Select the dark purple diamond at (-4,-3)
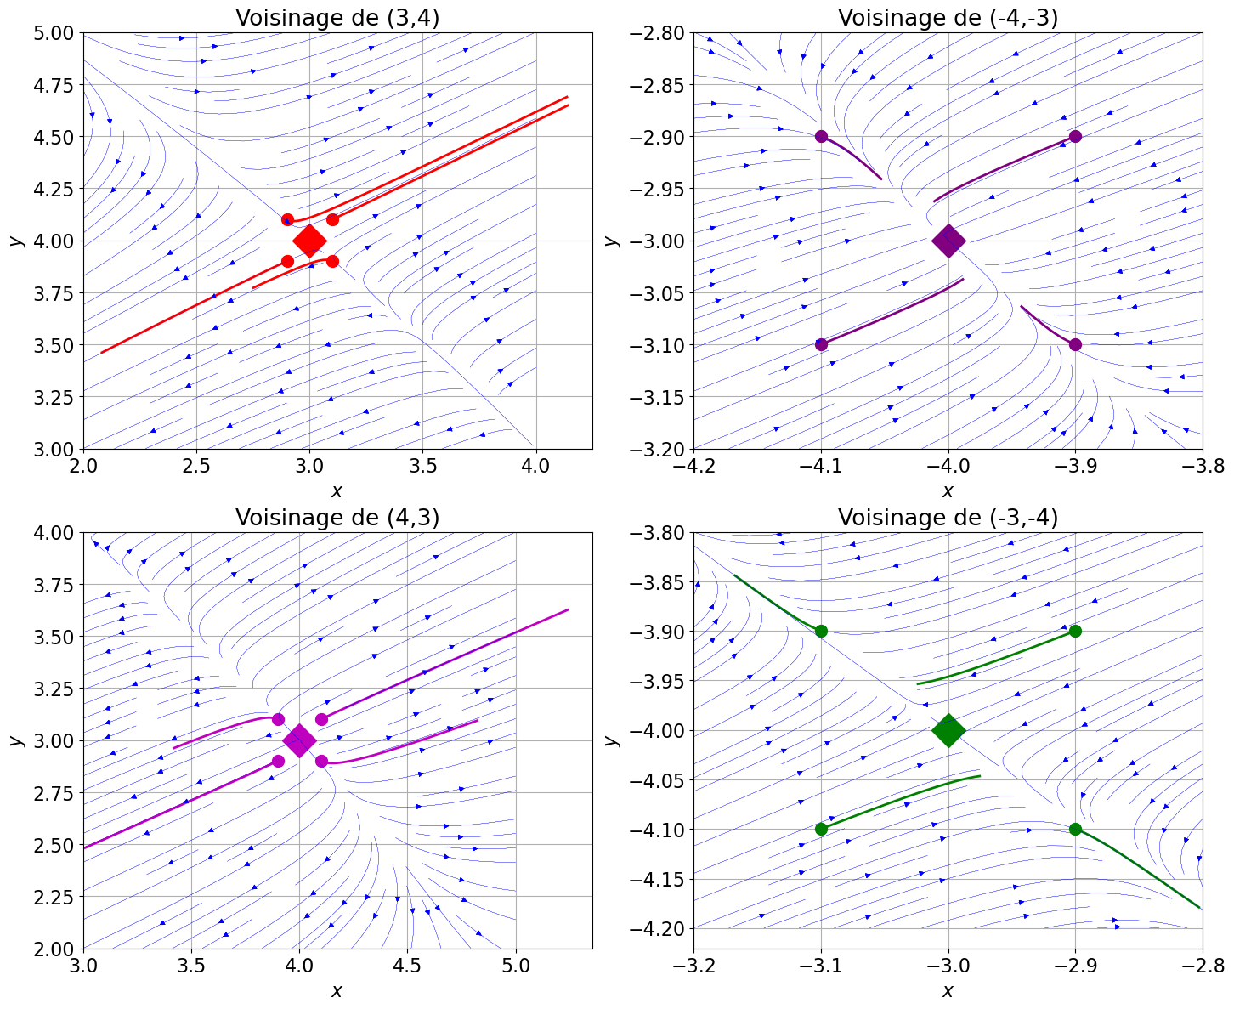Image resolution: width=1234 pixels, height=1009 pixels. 948,241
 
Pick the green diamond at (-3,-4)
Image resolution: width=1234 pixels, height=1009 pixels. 948,730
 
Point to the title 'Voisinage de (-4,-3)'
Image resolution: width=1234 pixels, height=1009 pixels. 948,18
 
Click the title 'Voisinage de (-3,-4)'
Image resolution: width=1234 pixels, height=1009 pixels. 948,518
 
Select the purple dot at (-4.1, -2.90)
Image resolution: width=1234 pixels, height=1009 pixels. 821,136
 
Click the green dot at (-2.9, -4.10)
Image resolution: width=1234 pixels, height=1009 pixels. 1075,829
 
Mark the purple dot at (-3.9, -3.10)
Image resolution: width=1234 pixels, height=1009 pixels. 1075,344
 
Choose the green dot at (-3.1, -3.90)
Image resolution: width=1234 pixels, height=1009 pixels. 821,631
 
